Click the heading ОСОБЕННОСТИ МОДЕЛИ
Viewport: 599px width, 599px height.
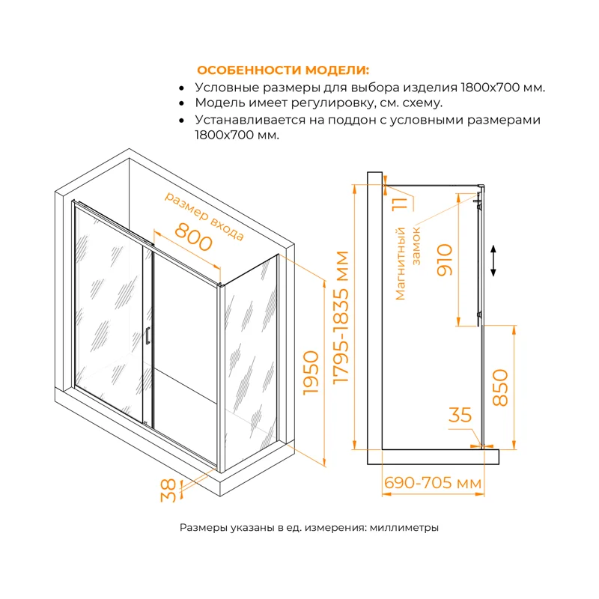282,70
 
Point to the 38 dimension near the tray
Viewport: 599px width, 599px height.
171,490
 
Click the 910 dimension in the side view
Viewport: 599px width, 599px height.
445,260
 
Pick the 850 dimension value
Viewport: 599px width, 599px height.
500,388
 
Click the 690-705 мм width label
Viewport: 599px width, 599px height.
432,484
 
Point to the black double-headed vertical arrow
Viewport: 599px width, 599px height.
493,261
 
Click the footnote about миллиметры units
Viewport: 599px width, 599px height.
308,528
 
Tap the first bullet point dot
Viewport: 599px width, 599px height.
182,88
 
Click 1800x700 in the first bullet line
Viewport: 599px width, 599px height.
483,87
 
